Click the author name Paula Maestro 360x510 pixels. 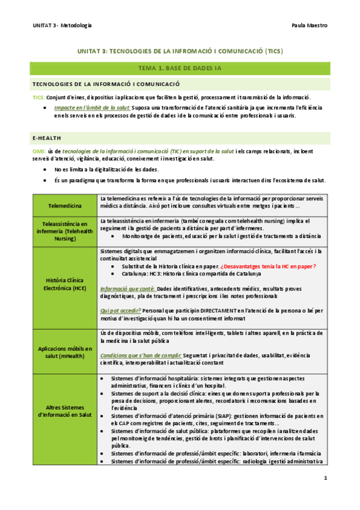[310, 25]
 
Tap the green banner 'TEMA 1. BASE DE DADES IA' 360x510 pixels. [180, 68]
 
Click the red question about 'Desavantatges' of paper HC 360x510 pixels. [267, 266]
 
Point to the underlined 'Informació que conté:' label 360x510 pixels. [127, 288]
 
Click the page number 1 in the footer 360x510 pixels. [325, 479]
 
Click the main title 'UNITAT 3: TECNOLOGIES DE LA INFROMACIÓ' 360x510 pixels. [180, 51]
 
